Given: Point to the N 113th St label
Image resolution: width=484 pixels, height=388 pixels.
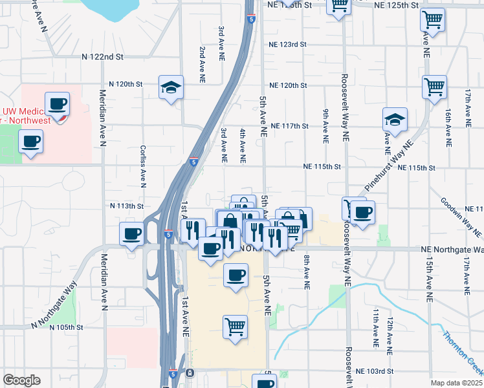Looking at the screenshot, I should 126,206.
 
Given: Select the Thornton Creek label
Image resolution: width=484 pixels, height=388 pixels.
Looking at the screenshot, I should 463,353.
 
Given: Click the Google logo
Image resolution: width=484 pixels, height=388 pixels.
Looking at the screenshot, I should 21,380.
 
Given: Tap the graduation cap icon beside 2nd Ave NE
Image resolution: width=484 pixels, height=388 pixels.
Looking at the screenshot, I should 171,87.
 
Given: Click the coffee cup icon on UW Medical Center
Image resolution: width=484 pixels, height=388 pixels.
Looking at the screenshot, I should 58,103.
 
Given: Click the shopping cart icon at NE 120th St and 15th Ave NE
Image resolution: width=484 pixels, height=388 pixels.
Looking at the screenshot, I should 434,86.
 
